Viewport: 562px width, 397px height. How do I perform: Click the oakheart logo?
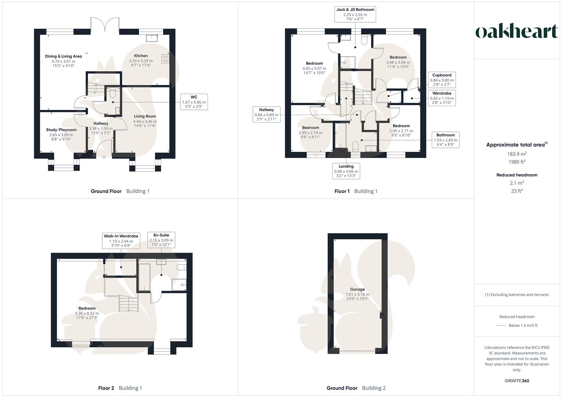pos(517,32)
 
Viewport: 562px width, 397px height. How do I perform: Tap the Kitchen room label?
pos(141,56)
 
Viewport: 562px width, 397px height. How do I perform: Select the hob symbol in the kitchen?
pos(165,59)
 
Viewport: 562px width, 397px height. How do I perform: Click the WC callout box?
pos(194,102)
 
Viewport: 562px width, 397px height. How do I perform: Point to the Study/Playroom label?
pos(61,130)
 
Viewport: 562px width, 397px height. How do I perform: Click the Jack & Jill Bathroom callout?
pos(355,14)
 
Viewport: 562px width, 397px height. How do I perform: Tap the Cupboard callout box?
pos(442,80)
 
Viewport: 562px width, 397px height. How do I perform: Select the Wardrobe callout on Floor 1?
pos(442,98)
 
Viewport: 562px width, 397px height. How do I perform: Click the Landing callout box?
pos(346,171)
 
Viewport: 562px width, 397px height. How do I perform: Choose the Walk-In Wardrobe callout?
pos(121,241)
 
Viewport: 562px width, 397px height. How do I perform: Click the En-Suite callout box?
pos(161,240)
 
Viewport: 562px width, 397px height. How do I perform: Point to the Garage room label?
pos(357,289)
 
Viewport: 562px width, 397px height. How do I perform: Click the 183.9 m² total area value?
pos(517,154)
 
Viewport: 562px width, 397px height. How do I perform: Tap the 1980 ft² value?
pos(517,162)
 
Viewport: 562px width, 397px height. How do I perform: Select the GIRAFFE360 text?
pos(517,381)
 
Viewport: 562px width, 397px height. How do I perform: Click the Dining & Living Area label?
pos(63,56)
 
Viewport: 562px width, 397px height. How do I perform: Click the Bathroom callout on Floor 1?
pos(445,140)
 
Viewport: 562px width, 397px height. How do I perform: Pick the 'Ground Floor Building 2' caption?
pos(356,388)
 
